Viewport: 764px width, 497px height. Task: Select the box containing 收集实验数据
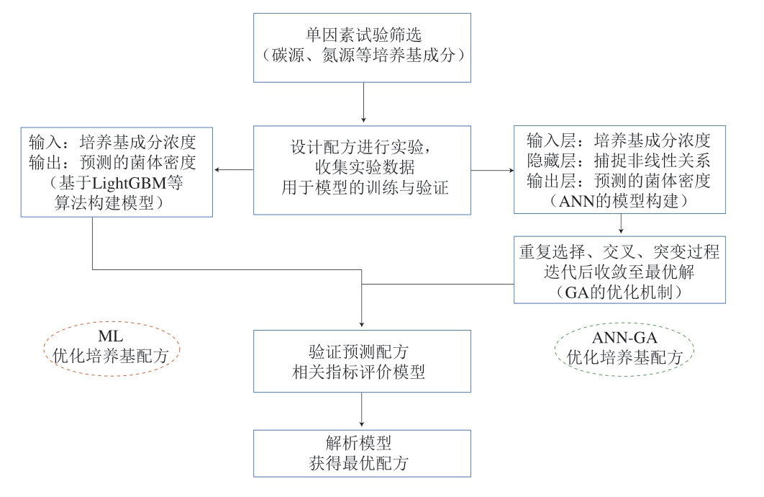click(362, 170)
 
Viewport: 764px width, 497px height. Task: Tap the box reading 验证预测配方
click(362, 361)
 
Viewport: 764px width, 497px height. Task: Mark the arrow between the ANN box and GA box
click(620, 225)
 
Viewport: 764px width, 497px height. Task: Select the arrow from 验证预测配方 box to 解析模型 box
click(362, 411)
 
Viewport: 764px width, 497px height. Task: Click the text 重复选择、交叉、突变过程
click(619, 254)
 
